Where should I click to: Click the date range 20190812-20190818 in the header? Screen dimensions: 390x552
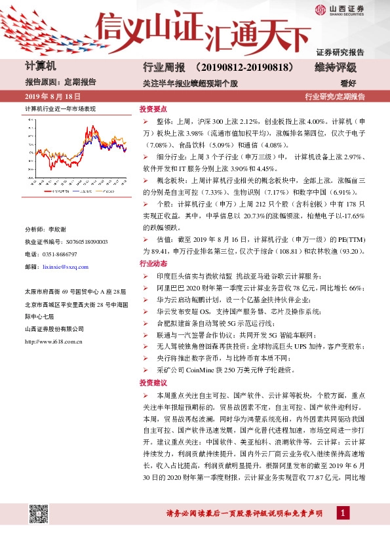[243, 68]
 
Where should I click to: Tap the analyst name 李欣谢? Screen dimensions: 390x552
[59, 229]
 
